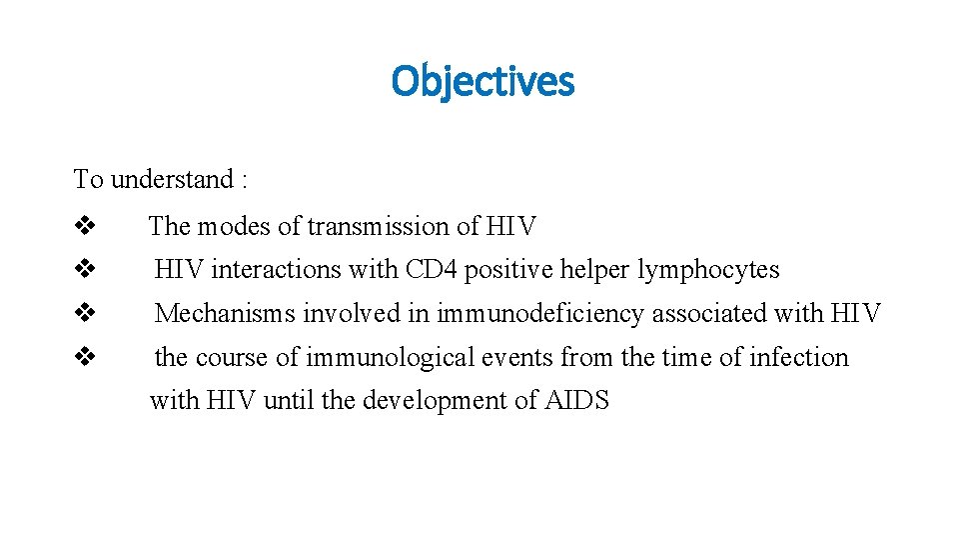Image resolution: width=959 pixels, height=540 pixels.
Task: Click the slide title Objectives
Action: pyautogui.click(x=482, y=81)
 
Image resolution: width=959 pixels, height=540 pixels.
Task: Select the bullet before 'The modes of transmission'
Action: pyautogui.click(x=84, y=226)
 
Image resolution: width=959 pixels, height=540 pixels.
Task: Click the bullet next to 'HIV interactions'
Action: pyautogui.click(x=84, y=269)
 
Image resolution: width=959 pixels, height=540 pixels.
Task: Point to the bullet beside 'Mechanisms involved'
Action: pyautogui.click(x=84, y=313)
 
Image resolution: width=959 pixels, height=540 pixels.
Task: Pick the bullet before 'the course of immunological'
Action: pyautogui.click(x=84, y=357)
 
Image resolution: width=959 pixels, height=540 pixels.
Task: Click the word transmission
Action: pyautogui.click(x=378, y=227)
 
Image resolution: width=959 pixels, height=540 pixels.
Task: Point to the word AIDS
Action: pyautogui.click(x=576, y=401)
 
